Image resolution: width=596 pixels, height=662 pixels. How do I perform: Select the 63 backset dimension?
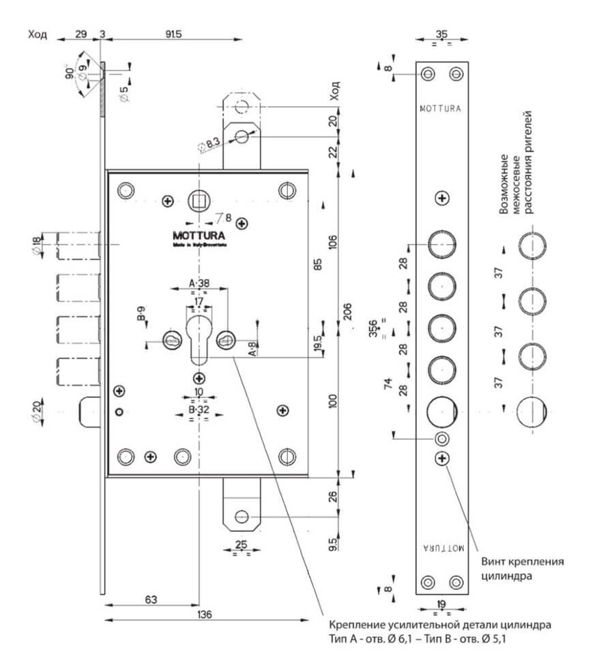(x=151, y=599)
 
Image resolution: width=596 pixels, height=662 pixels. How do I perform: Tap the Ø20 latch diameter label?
(x=36, y=412)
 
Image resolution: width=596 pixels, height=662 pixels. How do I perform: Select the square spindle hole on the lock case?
(x=197, y=200)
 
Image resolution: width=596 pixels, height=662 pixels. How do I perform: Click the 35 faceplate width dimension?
(x=442, y=34)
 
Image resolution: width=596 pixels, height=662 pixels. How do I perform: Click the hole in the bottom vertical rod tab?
(x=241, y=517)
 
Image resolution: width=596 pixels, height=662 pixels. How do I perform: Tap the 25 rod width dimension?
(x=241, y=544)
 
